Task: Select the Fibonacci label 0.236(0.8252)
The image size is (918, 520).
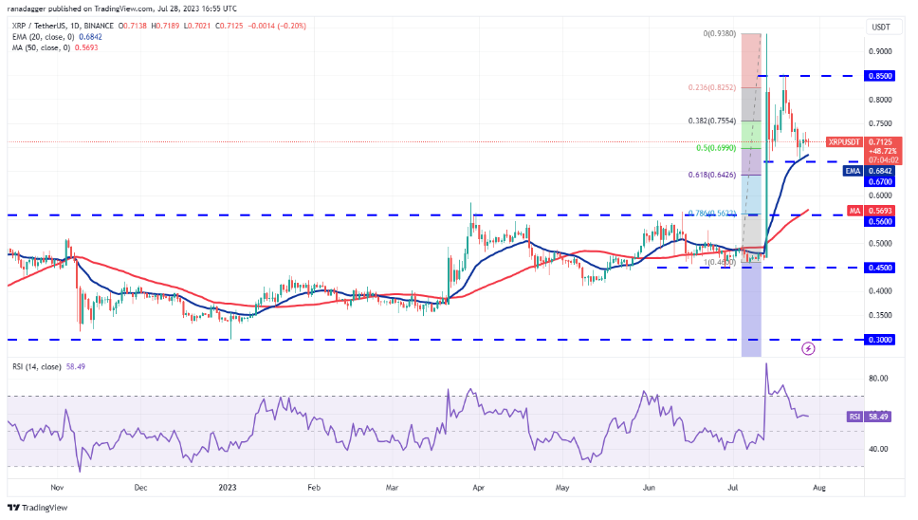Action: tap(713, 86)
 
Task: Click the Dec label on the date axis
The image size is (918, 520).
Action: tap(140, 487)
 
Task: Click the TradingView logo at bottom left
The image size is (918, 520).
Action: tap(38, 507)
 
